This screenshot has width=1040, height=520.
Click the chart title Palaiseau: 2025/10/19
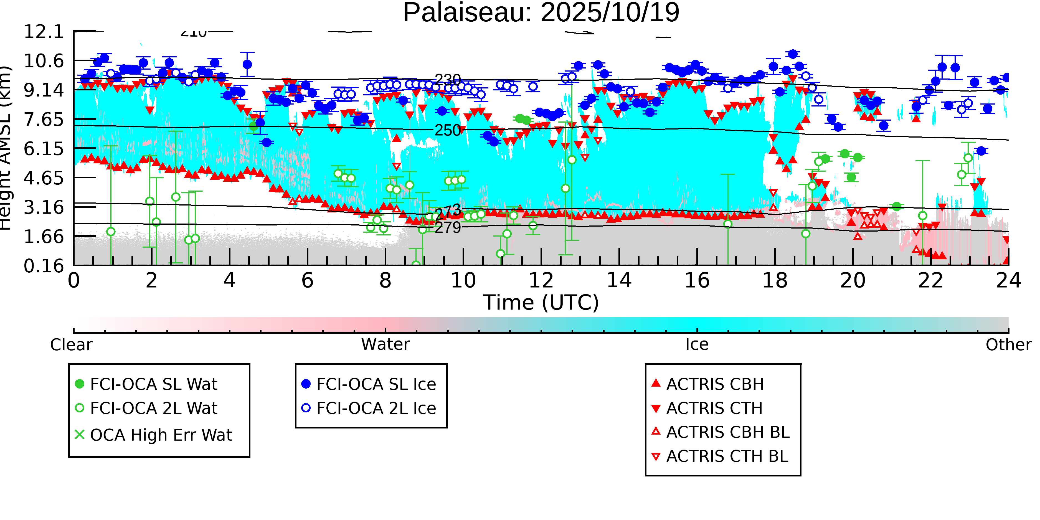click(541, 13)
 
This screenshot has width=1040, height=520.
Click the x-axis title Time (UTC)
click(541, 303)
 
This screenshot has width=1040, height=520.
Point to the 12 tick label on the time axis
click(541, 281)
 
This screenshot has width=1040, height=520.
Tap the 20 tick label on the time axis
click(853, 281)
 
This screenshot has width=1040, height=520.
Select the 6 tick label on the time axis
click(307, 281)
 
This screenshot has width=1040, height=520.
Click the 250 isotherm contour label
click(448, 130)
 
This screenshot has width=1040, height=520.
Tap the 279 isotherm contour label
click(448, 228)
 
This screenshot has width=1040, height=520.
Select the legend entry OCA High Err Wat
click(161, 435)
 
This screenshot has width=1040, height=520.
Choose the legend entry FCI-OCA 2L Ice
click(376, 409)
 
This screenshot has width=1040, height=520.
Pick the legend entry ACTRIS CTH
click(714, 409)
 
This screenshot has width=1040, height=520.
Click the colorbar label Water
click(385, 345)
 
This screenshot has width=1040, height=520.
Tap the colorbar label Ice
click(697, 345)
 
